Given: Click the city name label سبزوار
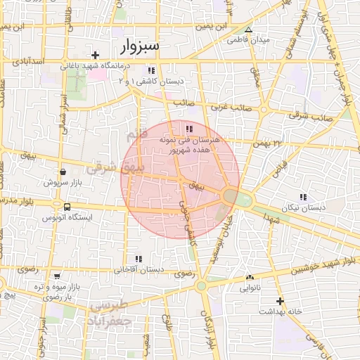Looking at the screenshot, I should point(140,47).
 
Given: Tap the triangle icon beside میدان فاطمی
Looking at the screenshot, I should point(248,30).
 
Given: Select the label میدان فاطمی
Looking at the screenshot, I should point(248,40).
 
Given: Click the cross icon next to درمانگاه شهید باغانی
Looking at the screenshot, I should point(96,55).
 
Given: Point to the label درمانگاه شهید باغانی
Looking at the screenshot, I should point(96,66).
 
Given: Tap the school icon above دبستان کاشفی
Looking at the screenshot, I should point(150,70).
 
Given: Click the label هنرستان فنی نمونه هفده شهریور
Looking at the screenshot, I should point(190,145).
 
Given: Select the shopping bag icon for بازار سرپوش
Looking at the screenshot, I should point(63,172).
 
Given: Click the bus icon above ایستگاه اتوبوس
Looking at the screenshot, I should point(67,207).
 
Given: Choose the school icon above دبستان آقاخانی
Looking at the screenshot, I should point(139,259).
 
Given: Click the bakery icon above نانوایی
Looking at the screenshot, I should point(250,277).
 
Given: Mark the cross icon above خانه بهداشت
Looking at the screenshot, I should point(280,300).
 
